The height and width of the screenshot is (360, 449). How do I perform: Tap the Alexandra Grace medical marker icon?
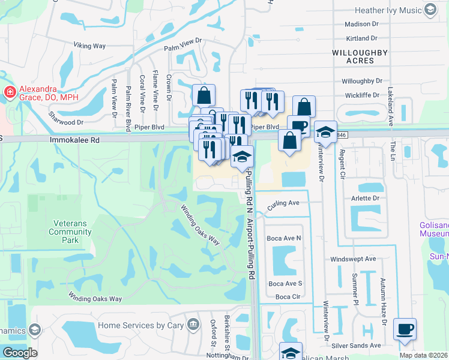pos(10,92)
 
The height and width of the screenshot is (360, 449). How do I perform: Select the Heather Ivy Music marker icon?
pos(430,10)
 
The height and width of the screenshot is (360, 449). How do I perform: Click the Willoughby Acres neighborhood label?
pos(360,57)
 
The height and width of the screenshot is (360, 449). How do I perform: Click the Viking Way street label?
pos(89,45)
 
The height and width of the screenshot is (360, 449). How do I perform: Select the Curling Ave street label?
pos(283,203)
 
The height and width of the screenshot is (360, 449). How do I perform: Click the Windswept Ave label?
pos(353,259)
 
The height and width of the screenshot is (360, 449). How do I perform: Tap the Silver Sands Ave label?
pos(357,346)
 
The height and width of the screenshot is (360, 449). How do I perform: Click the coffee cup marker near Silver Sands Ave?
pos(405,329)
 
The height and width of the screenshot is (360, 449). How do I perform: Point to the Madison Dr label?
pos(362,24)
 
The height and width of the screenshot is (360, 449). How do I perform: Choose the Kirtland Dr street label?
pos(361,38)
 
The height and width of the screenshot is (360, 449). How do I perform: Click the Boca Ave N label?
pos(285,238)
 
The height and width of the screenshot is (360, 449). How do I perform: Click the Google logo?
pos(20,353)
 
